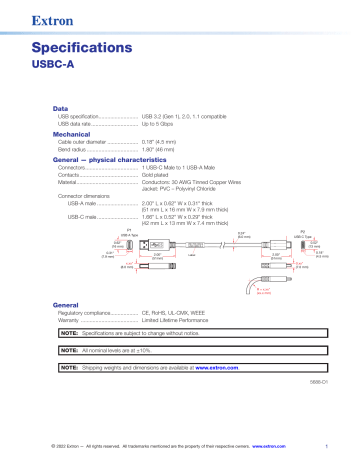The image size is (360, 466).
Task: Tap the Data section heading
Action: (60, 106)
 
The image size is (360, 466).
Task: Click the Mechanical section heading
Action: (72, 131)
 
